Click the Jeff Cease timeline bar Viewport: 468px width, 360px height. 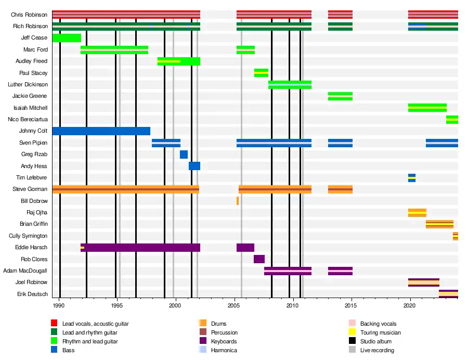pos(67,38)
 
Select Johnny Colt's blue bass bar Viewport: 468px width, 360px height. pos(101,131)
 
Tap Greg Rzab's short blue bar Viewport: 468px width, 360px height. pos(184,155)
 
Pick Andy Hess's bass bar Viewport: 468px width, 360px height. pos(194,166)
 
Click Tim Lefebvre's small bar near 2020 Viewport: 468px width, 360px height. pos(412,178)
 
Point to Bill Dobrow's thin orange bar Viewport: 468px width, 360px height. pos(238,201)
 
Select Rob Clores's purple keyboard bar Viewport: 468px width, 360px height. pos(259,259)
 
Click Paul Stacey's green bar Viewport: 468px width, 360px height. pos(261,73)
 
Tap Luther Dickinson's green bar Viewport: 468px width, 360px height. pos(290,85)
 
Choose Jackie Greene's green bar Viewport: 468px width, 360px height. pos(340,96)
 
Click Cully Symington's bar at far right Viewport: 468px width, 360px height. pos(456,236)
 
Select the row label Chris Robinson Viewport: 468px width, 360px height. pos(30,15)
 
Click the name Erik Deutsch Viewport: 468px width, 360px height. pos(33,294)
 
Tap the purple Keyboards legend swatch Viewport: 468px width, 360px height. pos(203,341)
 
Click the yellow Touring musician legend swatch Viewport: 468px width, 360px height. pos(352,332)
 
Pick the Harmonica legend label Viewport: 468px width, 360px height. pos(224,350)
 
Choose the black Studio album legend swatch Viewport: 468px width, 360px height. pos(352,341)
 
